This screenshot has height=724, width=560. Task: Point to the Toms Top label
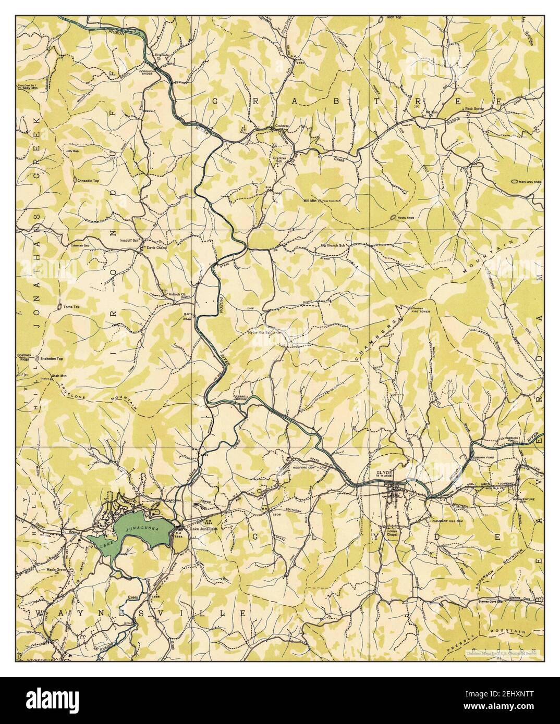pyautogui.click(x=70, y=307)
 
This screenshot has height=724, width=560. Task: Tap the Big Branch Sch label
pyautogui.click(x=333, y=245)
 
